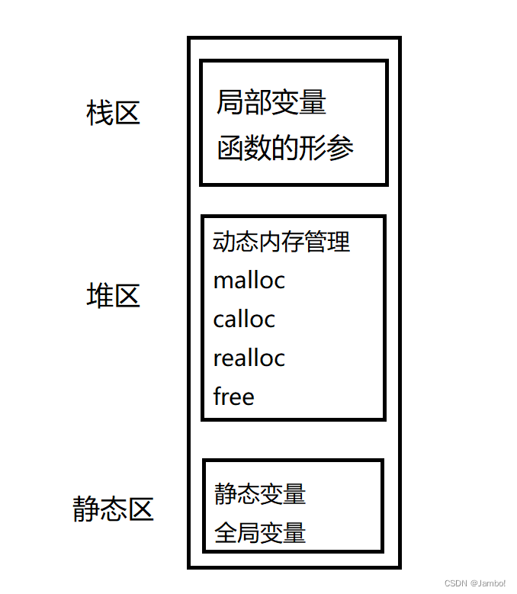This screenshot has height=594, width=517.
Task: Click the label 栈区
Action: (x=114, y=114)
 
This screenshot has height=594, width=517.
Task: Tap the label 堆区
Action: (x=114, y=296)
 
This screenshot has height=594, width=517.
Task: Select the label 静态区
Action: (x=114, y=509)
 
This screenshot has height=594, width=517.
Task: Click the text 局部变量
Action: (x=271, y=102)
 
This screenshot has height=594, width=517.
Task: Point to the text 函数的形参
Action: (x=285, y=147)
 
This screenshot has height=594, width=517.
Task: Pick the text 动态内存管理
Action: (x=281, y=242)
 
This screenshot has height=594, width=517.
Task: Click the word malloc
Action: (x=249, y=281)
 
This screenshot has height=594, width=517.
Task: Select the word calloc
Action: (x=244, y=319)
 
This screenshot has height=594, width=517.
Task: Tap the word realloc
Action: (x=249, y=358)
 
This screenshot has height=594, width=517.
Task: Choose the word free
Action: (x=233, y=397)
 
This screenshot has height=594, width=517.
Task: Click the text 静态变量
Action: (x=260, y=493)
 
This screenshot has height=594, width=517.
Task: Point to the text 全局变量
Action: (x=260, y=532)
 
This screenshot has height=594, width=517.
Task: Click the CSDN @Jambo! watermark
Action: (x=475, y=583)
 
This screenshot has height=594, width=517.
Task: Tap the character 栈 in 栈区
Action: (x=100, y=114)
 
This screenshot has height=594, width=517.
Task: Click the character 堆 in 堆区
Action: (x=100, y=296)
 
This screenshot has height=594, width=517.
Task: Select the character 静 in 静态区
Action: (x=87, y=509)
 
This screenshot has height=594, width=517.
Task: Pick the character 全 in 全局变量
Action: (x=226, y=532)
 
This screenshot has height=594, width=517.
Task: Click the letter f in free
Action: (x=217, y=397)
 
